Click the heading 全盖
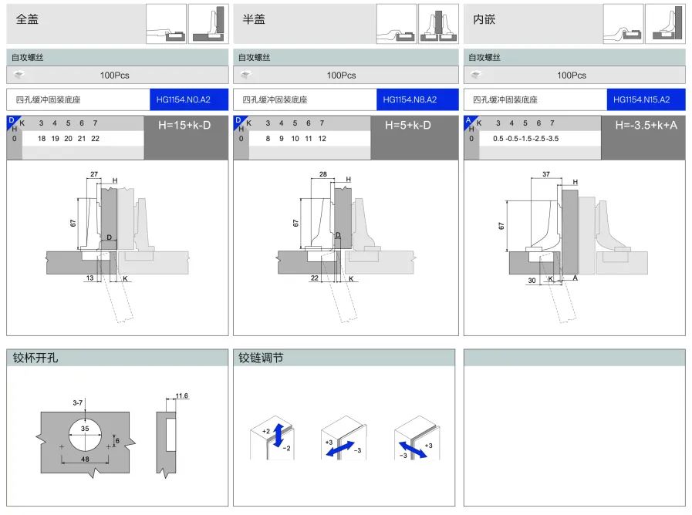click(x=27, y=19)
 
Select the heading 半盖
click(x=254, y=19)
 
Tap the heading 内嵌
click(x=484, y=19)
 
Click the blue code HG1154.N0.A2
click(x=183, y=99)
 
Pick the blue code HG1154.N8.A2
click(x=410, y=99)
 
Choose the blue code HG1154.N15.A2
click(x=643, y=99)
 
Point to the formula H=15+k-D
click(x=184, y=124)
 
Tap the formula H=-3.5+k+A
click(x=646, y=124)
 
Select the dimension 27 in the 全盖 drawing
click(x=94, y=175)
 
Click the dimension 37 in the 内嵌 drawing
click(x=547, y=174)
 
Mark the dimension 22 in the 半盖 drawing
click(x=315, y=278)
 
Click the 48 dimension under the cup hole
click(x=85, y=458)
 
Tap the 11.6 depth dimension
click(x=182, y=396)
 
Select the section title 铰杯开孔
click(x=35, y=358)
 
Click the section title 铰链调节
click(x=260, y=358)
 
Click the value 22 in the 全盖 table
click(x=95, y=138)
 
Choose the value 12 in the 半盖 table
click(x=322, y=138)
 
